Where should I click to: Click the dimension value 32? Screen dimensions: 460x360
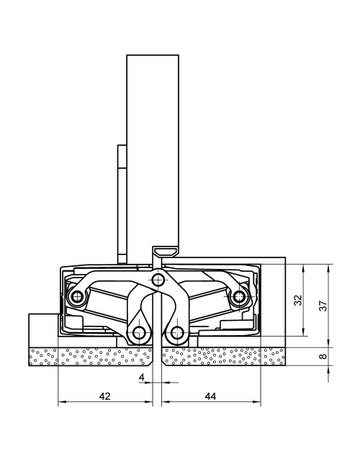tap(300, 298)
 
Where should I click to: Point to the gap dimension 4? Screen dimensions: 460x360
tap(143, 377)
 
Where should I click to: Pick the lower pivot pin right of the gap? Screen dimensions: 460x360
tap(177, 331)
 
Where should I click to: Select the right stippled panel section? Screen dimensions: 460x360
tap(230, 354)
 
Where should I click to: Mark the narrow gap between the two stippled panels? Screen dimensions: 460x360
tap(158, 354)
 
